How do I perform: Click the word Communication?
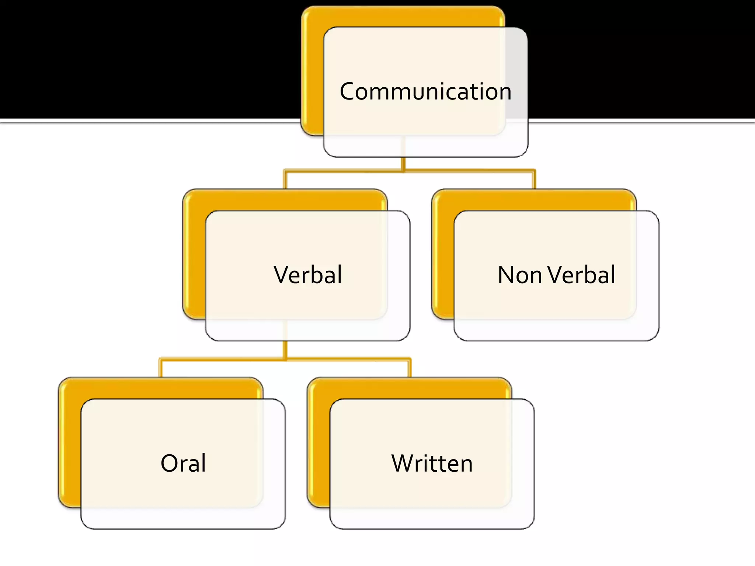[425, 91]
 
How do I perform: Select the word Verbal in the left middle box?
[308, 275]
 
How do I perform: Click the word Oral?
[183, 463]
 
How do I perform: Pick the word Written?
[432, 463]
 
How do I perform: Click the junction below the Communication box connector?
[403, 171]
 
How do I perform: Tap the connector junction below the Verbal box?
[285, 359]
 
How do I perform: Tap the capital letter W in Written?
[403, 463]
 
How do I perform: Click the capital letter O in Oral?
[169, 463]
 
